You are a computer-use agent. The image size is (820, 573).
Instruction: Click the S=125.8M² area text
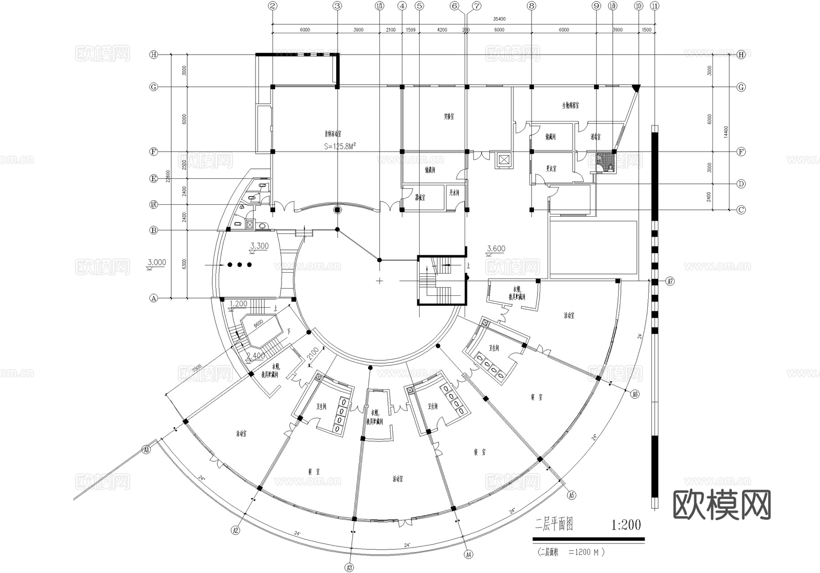pyautogui.click(x=340, y=146)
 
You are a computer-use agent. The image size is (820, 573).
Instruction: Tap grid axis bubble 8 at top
pyautogui.click(x=531, y=6)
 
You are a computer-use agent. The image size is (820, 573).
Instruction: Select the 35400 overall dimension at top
pyautogui.click(x=499, y=19)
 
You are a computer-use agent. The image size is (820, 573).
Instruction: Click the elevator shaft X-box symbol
pyautogui.click(x=503, y=160)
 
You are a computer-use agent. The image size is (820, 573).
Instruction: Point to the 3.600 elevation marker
pyautogui.click(x=496, y=248)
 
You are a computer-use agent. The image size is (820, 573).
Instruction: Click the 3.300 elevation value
pyautogui.click(x=259, y=246)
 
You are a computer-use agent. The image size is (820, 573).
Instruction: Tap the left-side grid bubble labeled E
pyautogui.click(x=154, y=179)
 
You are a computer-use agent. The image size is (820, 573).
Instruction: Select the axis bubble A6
pyautogui.click(x=635, y=395)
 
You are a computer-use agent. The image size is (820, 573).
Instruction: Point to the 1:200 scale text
pyautogui.click(x=626, y=525)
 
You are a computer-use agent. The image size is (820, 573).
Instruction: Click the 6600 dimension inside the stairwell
pyautogui.click(x=258, y=323)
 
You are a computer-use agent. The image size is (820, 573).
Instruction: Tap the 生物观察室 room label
pyautogui.click(x=570, y=106)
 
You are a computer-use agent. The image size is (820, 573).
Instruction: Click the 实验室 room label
pyautogui.click(x=449, y=117)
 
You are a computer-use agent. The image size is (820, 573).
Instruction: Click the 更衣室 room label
pyautogui.click(x=551, y=168)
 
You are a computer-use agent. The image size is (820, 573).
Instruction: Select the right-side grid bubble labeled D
pyautogui.click(x=741, y=184)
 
